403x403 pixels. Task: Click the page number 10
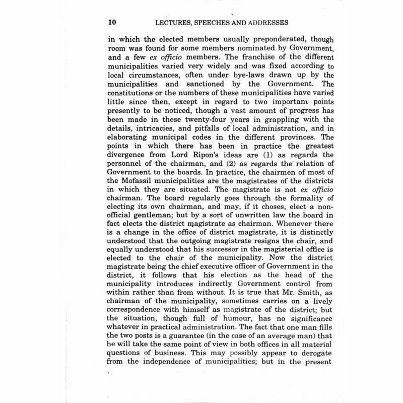click(x=112, y=23)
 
